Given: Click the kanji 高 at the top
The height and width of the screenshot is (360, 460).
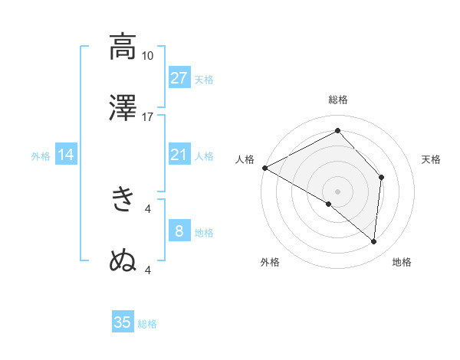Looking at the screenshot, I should tap(123, 47).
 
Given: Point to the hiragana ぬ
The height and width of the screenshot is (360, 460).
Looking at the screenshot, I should tap(123, 260).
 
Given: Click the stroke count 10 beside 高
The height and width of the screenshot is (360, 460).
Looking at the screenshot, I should tap(147, 56).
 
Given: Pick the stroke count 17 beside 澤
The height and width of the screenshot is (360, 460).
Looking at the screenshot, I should tap(147, 117).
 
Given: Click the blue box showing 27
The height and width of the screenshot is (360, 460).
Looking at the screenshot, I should tap(179, 78).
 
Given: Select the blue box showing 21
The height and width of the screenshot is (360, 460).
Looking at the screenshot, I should tap(179, 155).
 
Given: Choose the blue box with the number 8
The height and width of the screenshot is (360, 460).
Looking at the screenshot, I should tap(179, 231).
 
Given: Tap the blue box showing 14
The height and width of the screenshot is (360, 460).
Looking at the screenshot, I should tap(66, 155).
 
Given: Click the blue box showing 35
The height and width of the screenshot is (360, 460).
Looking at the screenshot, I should tap(123, 322).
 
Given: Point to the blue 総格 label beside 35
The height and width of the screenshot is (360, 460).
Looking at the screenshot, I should tap(148, 324).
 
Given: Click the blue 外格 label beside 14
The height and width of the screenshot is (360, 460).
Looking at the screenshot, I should tap(41, 156).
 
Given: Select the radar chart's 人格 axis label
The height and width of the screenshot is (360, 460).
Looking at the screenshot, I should tap(245, 159).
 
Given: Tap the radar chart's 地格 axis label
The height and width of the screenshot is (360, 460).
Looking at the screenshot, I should tap(402, 262).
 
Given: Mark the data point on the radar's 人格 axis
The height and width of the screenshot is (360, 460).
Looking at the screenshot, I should tap(264, 168).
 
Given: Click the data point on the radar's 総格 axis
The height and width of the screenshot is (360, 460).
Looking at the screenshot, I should tap(337, 131).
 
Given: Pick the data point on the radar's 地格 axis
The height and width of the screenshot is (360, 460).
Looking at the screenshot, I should tap(374, 241).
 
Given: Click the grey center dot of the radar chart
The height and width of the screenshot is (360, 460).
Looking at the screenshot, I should tap(337, 191).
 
